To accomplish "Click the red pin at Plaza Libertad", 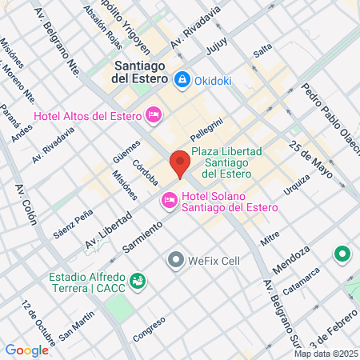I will tap(180, 163).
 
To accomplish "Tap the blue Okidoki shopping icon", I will tap(183, 79).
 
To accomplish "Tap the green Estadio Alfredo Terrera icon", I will tap(138, 281).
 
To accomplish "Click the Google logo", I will tap(26, 350).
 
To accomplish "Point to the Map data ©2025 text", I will tap(325, 353).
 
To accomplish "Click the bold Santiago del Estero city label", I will tap(140, 73).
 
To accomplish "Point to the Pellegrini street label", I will tap(206, 130).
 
